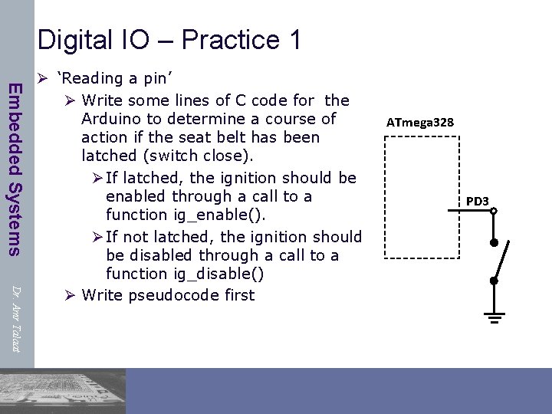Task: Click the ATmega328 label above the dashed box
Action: (419, 123)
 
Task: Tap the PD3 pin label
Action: (477, 202)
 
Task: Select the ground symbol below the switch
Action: (495, 317)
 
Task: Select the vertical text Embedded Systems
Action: (15, 169)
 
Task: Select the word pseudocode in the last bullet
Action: (179, 295)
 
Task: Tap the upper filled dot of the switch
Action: (495, 243)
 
